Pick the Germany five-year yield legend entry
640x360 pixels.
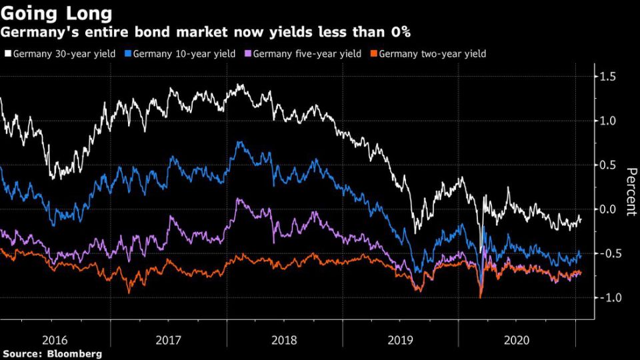(307, 53)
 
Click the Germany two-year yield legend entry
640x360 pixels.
(433, 53)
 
